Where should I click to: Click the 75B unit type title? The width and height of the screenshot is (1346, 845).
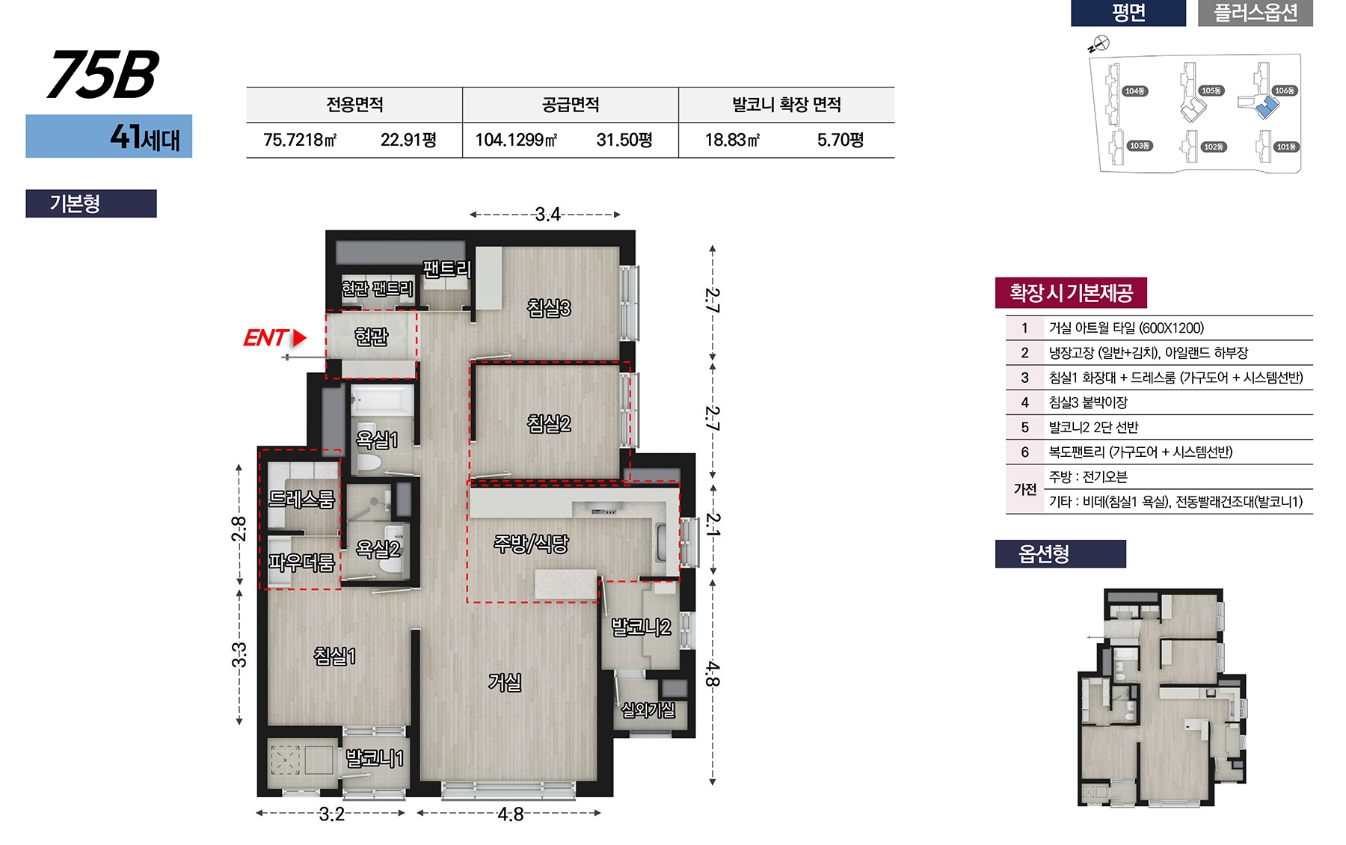102,74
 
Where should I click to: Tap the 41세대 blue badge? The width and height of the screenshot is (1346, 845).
109,136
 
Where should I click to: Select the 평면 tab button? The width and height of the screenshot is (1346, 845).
1128,13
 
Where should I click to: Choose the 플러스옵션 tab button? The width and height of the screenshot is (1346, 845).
1256,13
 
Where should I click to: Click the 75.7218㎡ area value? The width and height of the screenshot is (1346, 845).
300,140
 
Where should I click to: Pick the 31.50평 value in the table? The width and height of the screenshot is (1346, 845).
624,140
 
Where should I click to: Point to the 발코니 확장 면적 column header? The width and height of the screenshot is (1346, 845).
787,105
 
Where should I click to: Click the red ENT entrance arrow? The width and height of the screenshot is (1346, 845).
300,338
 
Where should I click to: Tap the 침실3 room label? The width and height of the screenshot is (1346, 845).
549,307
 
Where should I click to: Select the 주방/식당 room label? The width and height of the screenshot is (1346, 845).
531,544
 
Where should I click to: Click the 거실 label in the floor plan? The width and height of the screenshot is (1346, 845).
505,682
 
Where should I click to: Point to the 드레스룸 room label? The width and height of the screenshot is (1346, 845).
301,499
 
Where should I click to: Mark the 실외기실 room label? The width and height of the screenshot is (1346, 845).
648,710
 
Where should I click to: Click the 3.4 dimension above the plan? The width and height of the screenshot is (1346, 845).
547,215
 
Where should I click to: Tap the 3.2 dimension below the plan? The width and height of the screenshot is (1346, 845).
331,814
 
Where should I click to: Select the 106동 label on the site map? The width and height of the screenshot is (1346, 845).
1285,90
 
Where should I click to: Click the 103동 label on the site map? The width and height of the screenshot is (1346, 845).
1140,146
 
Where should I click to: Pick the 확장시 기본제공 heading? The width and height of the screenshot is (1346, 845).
1071,292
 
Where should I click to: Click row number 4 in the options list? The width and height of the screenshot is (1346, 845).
1024,402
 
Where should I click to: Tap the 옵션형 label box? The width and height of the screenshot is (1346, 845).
1060,554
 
